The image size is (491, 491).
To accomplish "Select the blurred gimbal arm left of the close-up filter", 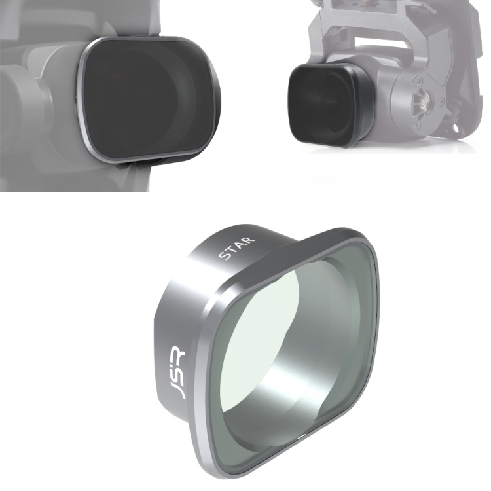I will pyautogui.click(x=26, y=98).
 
